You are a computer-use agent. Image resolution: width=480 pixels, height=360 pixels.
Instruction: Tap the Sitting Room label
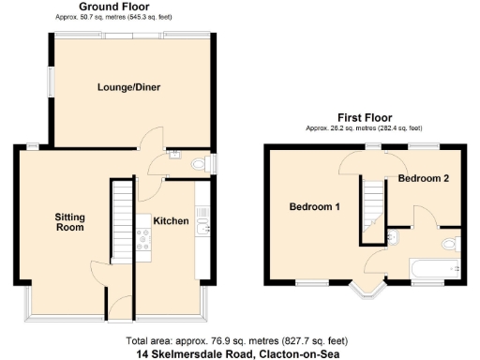coord(69,222)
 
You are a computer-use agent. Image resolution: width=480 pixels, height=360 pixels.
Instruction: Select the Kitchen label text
coord(172,221)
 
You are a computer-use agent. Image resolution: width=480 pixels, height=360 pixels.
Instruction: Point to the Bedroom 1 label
coord(314,206)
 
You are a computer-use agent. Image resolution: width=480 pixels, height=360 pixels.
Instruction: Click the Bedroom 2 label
coord(424,177)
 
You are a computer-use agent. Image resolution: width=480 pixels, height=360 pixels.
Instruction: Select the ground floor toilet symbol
coord(198,164)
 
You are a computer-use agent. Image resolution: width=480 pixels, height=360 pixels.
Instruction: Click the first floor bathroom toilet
coord(451,245)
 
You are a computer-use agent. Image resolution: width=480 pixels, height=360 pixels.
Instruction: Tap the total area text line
coord(240,341)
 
